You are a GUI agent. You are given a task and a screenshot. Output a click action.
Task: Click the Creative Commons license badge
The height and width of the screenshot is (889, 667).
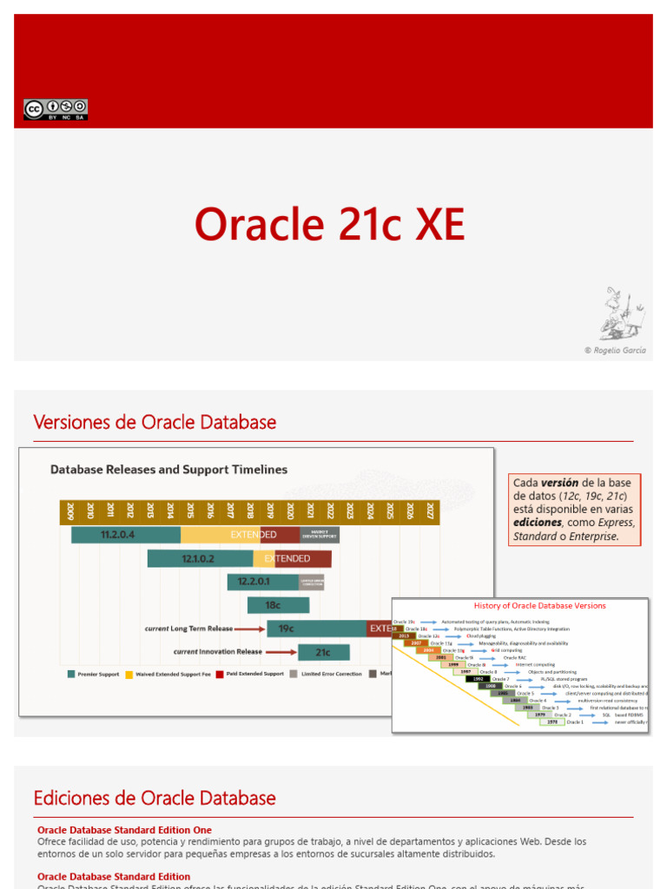[x=56, y=109]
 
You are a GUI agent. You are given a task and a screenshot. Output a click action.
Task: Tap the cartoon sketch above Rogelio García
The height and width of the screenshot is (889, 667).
[x=622, y=314]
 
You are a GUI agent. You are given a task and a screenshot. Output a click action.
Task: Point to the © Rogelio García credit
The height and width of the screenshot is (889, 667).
[x=615, y=351]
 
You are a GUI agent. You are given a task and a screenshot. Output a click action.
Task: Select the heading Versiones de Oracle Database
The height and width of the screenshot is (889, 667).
[x=155, y=423]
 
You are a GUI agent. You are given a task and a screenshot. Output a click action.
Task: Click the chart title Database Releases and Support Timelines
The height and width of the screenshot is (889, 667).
[x=168, y=470]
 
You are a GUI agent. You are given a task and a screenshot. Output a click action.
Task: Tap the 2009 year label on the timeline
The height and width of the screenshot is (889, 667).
[x=69, y=511]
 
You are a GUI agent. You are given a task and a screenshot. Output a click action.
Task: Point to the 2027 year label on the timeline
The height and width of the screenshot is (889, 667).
[x=430, y=511]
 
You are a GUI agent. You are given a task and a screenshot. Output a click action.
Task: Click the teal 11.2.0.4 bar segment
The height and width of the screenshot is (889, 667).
[x=126, y=535]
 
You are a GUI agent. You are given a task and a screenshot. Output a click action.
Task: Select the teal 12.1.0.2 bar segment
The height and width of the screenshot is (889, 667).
[x=200, y=559]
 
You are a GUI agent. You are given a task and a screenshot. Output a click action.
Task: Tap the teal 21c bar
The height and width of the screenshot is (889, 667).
[x=324, y=652]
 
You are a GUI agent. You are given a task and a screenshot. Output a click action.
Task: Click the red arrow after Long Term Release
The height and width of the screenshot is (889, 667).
[x=248, y=629]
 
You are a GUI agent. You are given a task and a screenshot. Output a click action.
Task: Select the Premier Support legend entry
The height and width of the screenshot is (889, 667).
[x=95, y=674]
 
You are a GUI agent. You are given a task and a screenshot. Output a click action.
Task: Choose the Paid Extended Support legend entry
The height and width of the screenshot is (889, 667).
[x=251, y=674]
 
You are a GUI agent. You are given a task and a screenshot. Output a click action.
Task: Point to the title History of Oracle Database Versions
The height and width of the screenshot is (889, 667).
[x=539, y=606]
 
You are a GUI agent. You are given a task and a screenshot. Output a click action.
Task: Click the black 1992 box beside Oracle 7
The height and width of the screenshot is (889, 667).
[x=478, y=678]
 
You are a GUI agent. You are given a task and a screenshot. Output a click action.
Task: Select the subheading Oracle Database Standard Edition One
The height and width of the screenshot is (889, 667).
[x=124, y=830]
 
